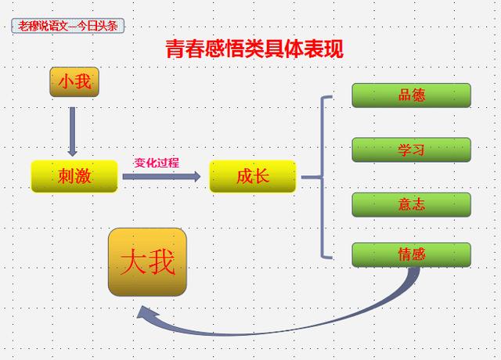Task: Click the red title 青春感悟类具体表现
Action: point(254,49)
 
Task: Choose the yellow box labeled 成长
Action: point(253,176)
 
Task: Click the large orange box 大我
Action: point(147,263)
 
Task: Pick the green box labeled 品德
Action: point(411,95)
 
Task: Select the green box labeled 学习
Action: point(411,149)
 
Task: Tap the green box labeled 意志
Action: point(411,204)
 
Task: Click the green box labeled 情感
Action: point(411,254)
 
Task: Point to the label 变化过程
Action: point(157,163)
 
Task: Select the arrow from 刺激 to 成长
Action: point(161,176)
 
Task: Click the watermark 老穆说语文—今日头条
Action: point(68,26)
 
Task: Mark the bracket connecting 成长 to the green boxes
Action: point(322,176)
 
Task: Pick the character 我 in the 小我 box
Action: point(83,82)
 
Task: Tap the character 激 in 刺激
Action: point(84,176)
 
